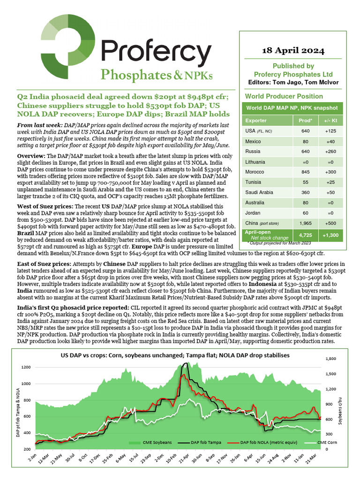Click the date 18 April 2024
293,50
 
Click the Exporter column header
256,120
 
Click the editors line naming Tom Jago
293,82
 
